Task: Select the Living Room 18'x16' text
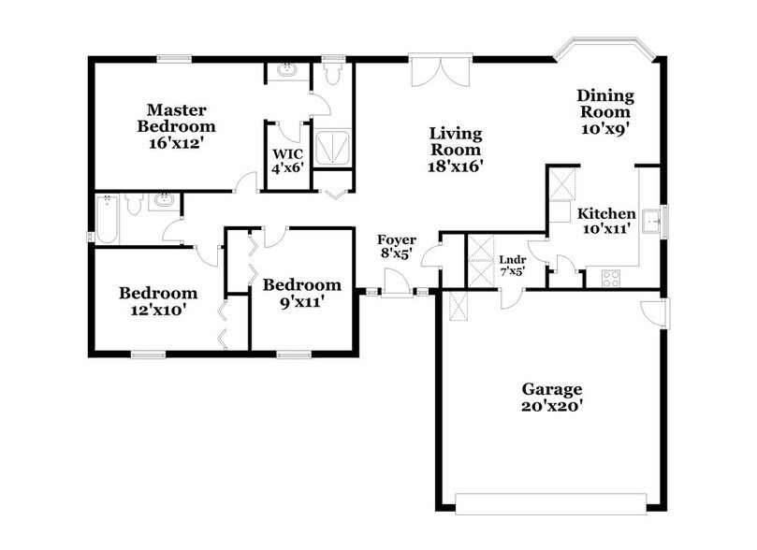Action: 455,149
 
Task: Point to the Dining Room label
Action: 605,112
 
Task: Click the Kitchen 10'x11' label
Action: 605,220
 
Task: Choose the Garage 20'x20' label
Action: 552,398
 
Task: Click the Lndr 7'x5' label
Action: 512,265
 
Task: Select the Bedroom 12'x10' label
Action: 157,301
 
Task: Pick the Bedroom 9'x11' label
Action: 301,293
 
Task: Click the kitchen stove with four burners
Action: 610,278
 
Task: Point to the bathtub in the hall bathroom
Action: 106,221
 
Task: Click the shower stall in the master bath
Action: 330,147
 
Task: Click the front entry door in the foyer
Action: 398,283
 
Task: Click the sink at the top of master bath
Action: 284,70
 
